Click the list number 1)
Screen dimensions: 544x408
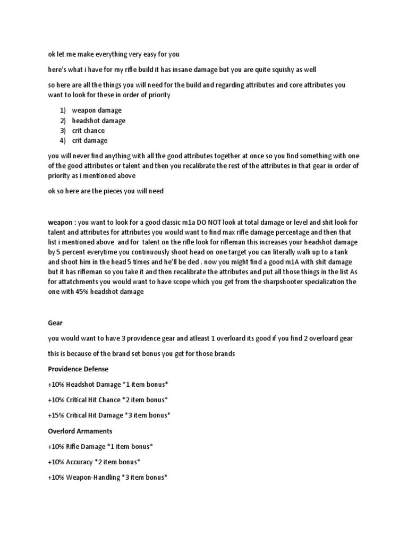pos(63,110)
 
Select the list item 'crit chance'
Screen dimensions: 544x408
pos(89,131)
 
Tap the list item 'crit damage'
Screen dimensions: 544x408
pos(90,141)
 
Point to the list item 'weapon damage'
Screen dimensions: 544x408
pos(97,110)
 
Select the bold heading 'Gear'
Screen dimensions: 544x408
pos(55,323)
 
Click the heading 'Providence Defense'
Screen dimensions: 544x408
pos(78,369)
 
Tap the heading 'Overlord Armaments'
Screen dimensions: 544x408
pos(80,431)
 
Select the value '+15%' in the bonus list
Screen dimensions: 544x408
pos(56,415)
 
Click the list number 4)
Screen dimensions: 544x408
pos(63,141)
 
